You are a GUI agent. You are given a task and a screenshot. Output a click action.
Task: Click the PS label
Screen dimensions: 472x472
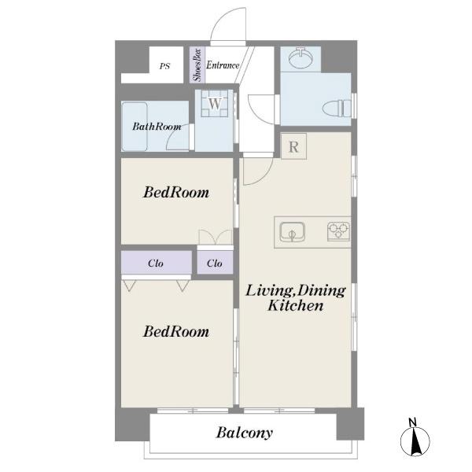[164, 66]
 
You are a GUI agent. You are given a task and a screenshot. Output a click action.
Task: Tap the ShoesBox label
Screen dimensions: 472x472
[197, 65]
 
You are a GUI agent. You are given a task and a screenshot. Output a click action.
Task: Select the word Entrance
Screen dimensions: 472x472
[223, 65]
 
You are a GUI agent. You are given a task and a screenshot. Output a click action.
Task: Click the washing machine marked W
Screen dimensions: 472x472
[215, 104]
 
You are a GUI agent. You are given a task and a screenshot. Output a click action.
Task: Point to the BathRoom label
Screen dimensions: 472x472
[157, 127]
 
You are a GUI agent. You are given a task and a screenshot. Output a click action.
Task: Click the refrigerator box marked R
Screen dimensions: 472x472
[293, 146]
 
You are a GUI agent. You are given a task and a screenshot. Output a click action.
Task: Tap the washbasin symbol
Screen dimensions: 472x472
[301, 58]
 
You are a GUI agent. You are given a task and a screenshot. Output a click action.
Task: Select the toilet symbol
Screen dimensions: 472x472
[337, 108]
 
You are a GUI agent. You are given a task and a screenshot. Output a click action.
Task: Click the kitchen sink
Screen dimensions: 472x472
[292, 232]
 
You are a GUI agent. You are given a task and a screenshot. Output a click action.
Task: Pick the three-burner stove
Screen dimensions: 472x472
[338, 231]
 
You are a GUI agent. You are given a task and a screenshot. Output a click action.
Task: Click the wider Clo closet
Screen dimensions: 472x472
[157, 262]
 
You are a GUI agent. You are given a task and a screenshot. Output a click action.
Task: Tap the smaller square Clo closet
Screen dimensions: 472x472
[215, 262]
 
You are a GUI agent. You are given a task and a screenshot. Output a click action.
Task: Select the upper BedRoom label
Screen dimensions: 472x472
[176, 193]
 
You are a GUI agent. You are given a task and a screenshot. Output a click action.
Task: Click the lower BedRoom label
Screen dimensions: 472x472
[176, 332]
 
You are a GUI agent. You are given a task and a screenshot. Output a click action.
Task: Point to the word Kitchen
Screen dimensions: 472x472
[296, 305]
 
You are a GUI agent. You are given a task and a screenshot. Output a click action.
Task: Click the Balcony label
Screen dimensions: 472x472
[245, 433]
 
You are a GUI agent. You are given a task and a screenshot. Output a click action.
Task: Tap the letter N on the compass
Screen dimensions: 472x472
[413, 422]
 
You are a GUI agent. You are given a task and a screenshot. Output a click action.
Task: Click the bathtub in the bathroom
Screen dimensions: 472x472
[135, 127]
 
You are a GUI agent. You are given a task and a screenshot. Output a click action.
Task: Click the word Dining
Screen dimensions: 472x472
[322, 291]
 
